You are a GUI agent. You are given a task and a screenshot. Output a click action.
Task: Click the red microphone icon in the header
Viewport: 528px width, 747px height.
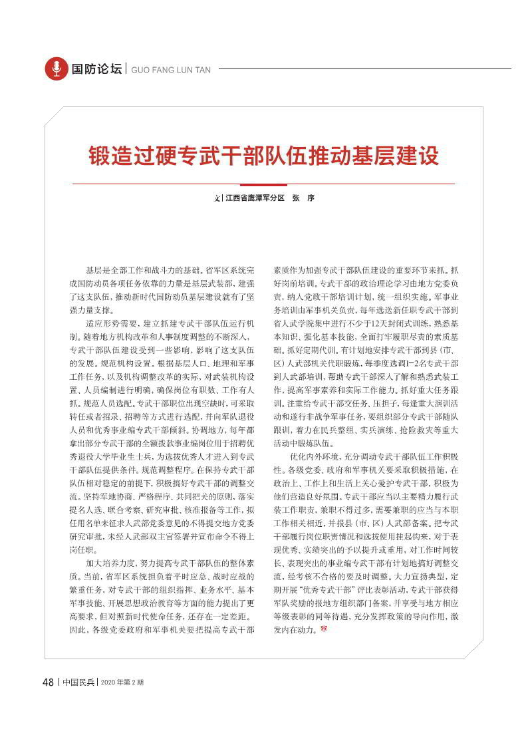pos(56,69)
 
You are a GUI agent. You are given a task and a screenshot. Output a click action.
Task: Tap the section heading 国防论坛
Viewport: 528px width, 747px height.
pos(97,69)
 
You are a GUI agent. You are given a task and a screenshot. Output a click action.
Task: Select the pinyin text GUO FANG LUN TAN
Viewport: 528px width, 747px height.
pos(171,69)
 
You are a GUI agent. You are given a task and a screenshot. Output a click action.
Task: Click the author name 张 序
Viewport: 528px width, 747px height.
pos(303,198)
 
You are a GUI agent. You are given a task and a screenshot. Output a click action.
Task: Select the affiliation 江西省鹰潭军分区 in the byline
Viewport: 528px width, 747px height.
pos(255,198)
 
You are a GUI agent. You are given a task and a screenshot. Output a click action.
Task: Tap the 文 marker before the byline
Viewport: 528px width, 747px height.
pos(217,198)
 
